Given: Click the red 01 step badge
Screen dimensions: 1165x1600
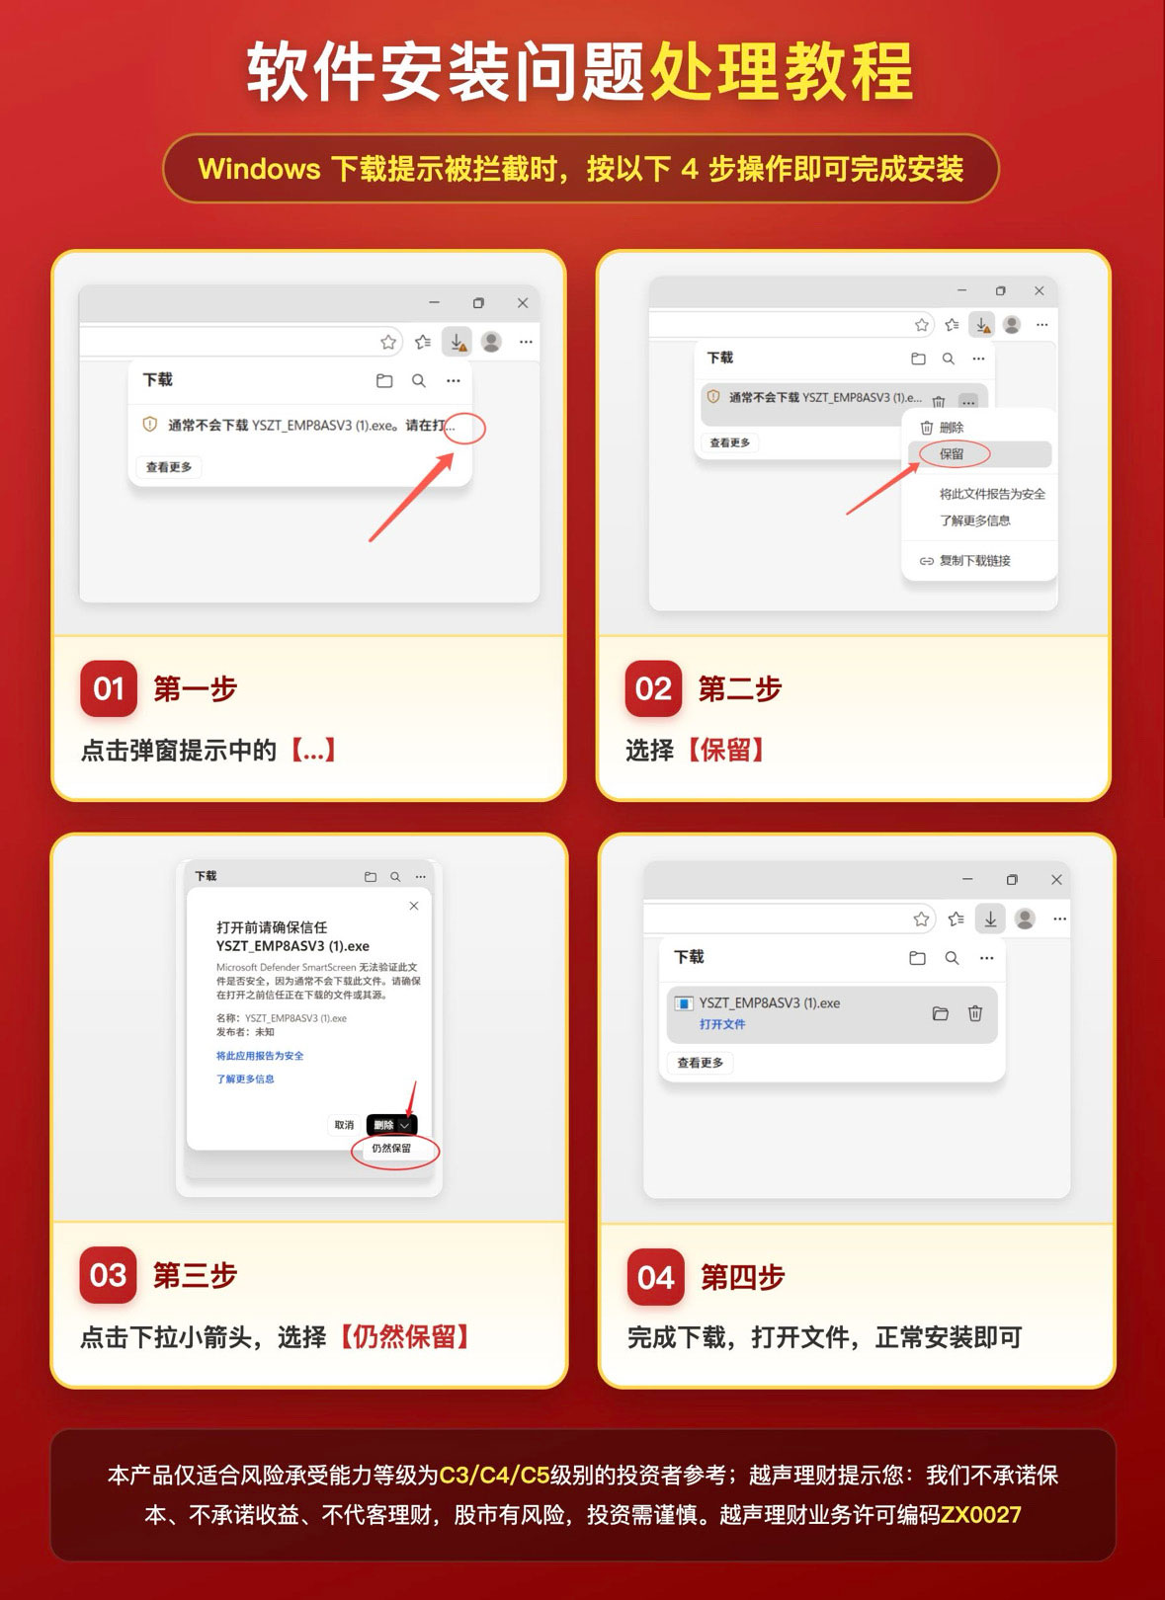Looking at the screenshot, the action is tap(108, 688).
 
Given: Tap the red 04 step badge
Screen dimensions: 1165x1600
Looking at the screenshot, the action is tap(655, 1276).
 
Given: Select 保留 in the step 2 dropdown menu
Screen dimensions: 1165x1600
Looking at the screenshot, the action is tap(952, 454).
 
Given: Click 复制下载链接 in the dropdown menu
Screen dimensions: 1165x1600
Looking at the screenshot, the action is tap(975, 561).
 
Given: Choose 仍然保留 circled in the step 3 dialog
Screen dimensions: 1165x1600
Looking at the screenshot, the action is tap(391, 1148).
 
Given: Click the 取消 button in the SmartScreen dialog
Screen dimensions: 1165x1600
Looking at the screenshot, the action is tap(344, 1125).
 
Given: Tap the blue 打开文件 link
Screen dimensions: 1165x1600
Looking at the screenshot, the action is tap(722, 1023).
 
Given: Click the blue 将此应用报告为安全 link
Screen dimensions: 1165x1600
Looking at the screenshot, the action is tap(260, 1055).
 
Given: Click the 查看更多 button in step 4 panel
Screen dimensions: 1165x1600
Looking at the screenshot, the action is tap(700, 1063).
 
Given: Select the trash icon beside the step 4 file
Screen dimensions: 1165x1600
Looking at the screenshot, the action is tap(975, 1013).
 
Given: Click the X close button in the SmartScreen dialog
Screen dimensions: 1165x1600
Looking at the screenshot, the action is tap(414, 906).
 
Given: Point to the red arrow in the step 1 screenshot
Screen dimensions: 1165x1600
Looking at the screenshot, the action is tap(411, 497).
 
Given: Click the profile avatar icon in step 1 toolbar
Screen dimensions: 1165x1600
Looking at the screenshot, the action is tap(491, 342).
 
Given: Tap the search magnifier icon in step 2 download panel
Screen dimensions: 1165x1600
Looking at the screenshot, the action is tap(949, 359).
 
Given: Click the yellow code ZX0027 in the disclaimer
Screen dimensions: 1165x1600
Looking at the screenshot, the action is tap(980, 1514).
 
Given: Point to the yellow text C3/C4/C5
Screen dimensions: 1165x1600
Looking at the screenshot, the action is tap(494, 1475).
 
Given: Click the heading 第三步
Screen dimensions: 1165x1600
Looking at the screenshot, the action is tap(195, 1275).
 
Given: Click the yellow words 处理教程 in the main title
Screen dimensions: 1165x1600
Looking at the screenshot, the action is tap(782, 71).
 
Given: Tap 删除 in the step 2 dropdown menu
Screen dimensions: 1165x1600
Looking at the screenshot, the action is tap(952, 428).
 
